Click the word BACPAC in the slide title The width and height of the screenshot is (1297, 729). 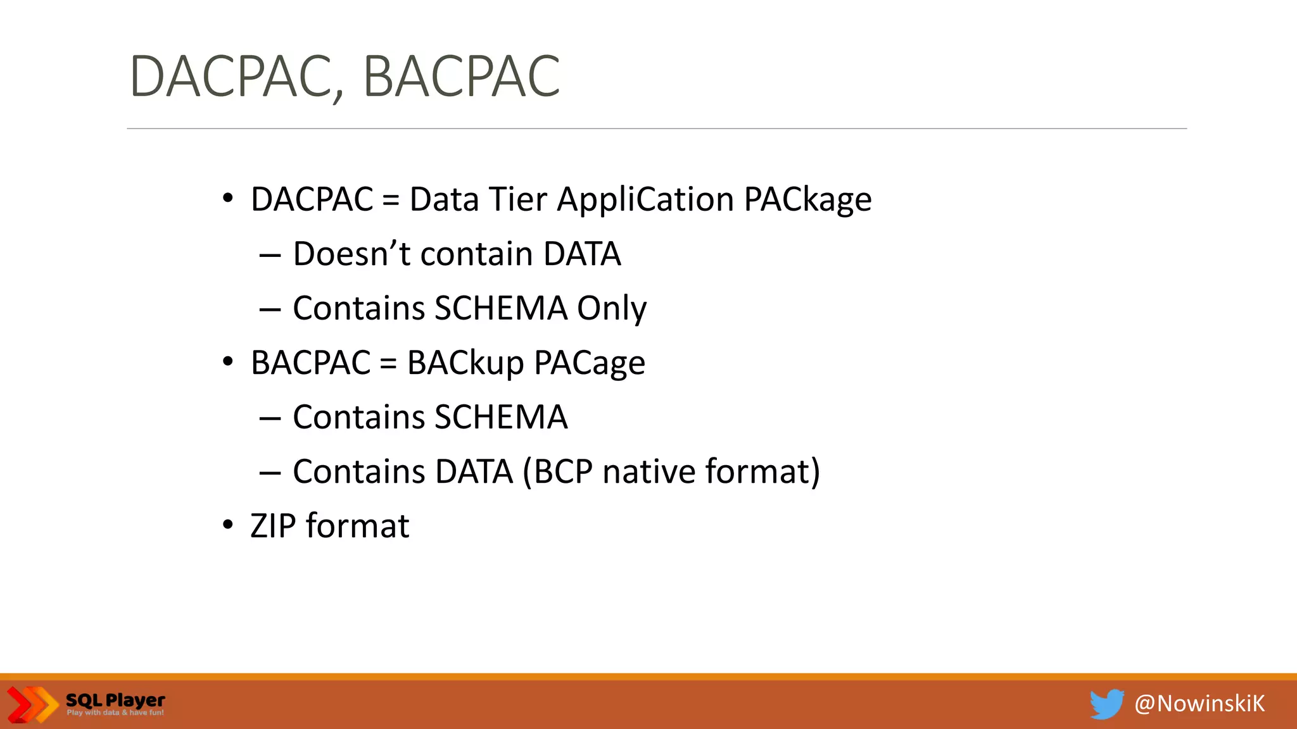coord(462,77)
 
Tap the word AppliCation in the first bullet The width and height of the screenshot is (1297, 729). coord(645,200)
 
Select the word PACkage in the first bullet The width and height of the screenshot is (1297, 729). coord(807,200)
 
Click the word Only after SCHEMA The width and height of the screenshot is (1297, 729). coord(612,309)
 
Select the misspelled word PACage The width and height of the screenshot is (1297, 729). coord(589,363)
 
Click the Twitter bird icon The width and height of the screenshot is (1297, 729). coord(1106,704)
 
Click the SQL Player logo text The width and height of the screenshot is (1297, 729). coord(115,701)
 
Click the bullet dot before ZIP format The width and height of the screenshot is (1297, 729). coord(228,525)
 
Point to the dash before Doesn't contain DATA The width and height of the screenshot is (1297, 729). coord(270,255)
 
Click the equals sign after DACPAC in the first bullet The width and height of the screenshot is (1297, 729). coord(391,201)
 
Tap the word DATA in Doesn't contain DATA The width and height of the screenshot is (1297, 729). coord(582,254)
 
